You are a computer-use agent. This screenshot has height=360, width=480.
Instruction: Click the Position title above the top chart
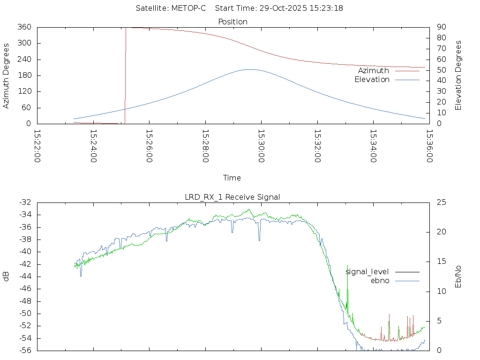tap(233, 22)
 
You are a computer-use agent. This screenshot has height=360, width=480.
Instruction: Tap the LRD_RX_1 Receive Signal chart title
tap(232, 197)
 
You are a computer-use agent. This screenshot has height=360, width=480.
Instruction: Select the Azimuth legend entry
tap(374, 70)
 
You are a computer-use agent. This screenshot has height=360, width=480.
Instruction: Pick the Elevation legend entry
tap(372, 80)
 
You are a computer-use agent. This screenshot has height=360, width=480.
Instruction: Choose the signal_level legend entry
tap(367, 272)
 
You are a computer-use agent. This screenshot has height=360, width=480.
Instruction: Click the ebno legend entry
tap(380, 281)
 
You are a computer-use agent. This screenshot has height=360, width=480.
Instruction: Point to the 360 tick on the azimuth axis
tap(24, 27)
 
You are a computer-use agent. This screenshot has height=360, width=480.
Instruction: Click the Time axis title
tap(232, 178)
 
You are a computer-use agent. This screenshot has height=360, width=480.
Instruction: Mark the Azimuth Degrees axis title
tap(6, 75)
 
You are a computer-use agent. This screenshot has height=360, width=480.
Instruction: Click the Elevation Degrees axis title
tap(458, 75)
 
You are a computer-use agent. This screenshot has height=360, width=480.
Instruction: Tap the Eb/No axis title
tap(458, 276)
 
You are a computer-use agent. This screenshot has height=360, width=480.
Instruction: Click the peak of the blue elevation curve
tap(250, 69)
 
